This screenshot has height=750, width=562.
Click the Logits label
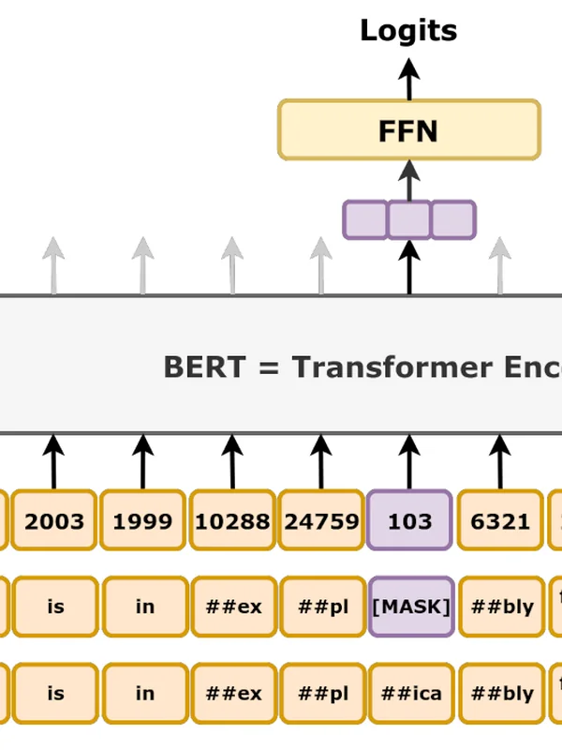408,31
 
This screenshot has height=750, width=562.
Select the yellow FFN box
408,130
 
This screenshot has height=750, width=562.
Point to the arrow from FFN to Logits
408,79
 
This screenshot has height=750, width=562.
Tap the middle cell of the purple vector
409,219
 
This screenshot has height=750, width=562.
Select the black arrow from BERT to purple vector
408,267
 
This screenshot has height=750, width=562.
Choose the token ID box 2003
54,520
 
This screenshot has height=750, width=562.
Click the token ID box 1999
143,520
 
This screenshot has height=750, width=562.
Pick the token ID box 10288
232,520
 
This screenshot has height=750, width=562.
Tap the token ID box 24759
321,520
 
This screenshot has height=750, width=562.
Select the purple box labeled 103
410,520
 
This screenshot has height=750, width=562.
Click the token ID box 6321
500,520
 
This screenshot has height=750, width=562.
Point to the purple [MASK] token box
410,607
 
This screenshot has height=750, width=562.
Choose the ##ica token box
410,694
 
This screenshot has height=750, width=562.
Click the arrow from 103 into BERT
409,461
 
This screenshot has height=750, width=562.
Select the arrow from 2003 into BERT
53,461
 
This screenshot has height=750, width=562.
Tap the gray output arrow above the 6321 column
500,265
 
